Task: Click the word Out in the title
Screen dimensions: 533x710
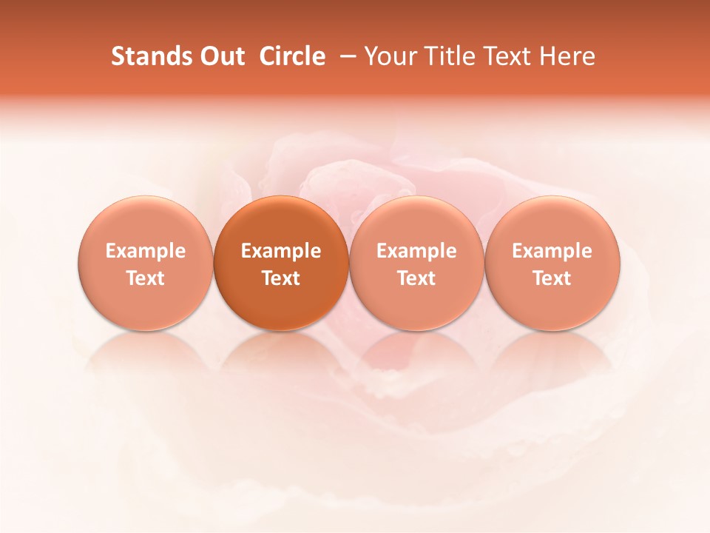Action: point(221,56)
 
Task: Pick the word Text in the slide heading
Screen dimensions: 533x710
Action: point(510,56)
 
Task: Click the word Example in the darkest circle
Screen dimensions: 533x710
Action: point(281,251)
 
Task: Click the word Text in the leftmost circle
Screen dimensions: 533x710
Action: point(146,278)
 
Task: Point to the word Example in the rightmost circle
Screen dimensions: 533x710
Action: point(552,251)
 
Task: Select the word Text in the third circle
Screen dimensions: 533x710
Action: point(416,278)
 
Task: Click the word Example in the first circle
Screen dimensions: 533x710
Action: point(146,251)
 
